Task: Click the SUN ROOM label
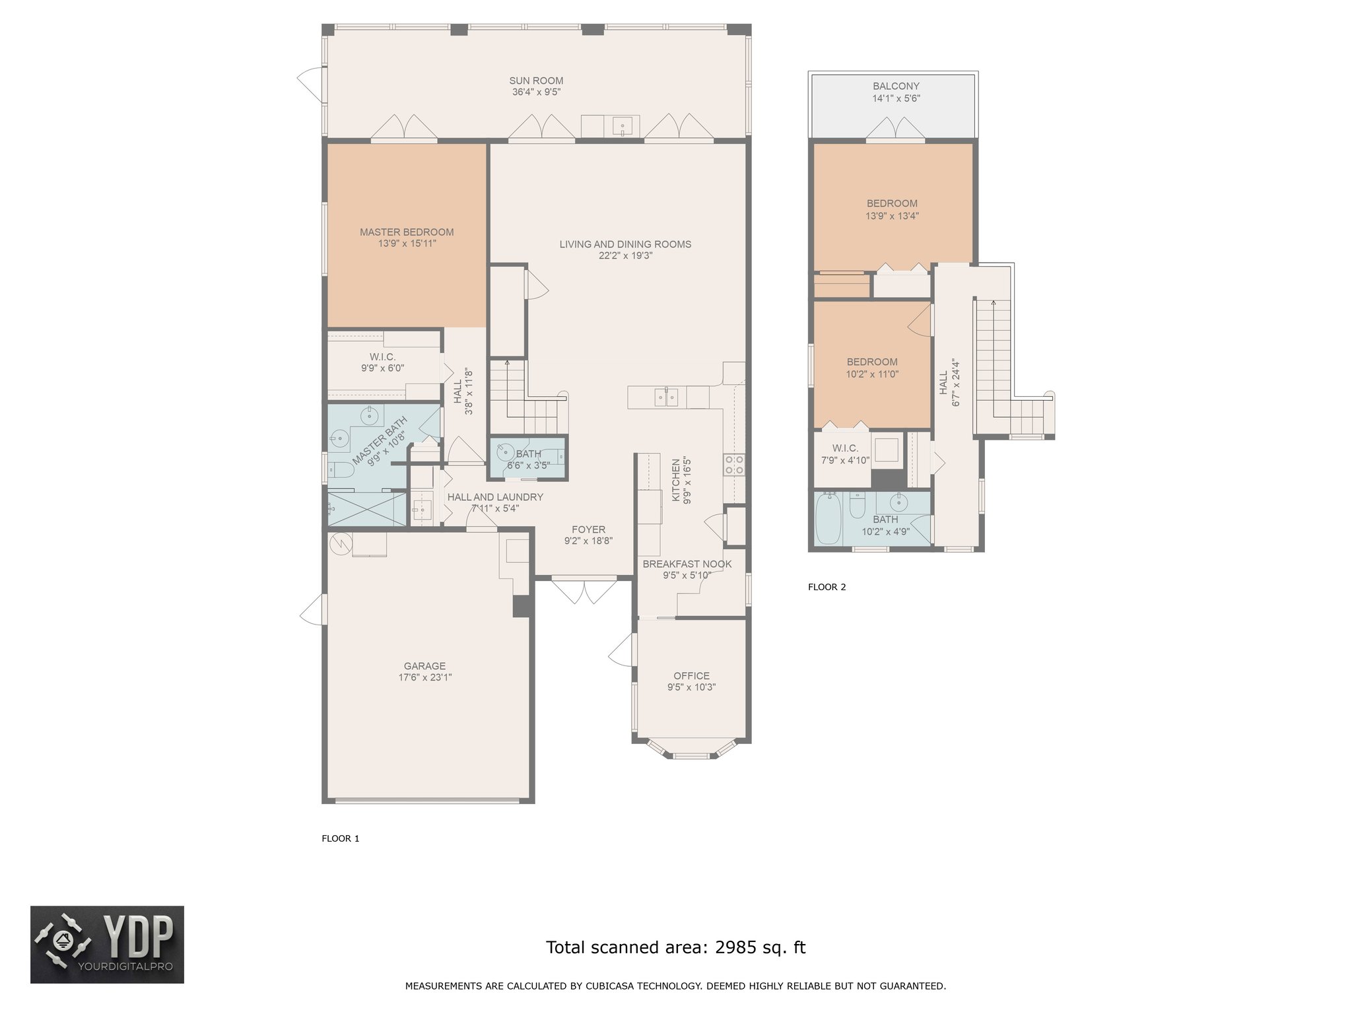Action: coord(536,81)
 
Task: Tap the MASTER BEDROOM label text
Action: coord(407,232)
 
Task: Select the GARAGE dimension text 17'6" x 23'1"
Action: coord(425,677)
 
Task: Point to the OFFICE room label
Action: coord(691,676)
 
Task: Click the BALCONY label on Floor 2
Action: coord(896,86)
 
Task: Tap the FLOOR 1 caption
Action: coord(341,838)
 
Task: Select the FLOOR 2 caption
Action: coord(827,587)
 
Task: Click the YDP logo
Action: coord(107,945)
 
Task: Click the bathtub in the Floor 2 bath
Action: coord(828,519)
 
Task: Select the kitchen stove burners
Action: coord(734,464)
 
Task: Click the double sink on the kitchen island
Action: coord(666,397)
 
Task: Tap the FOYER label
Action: coord(588,529)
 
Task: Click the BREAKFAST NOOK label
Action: coord(687,564)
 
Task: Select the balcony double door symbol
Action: coord(895,129)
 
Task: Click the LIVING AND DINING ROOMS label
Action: coord(625,244)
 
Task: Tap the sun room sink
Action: coord(623,125)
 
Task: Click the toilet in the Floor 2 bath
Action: coord(858,506)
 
